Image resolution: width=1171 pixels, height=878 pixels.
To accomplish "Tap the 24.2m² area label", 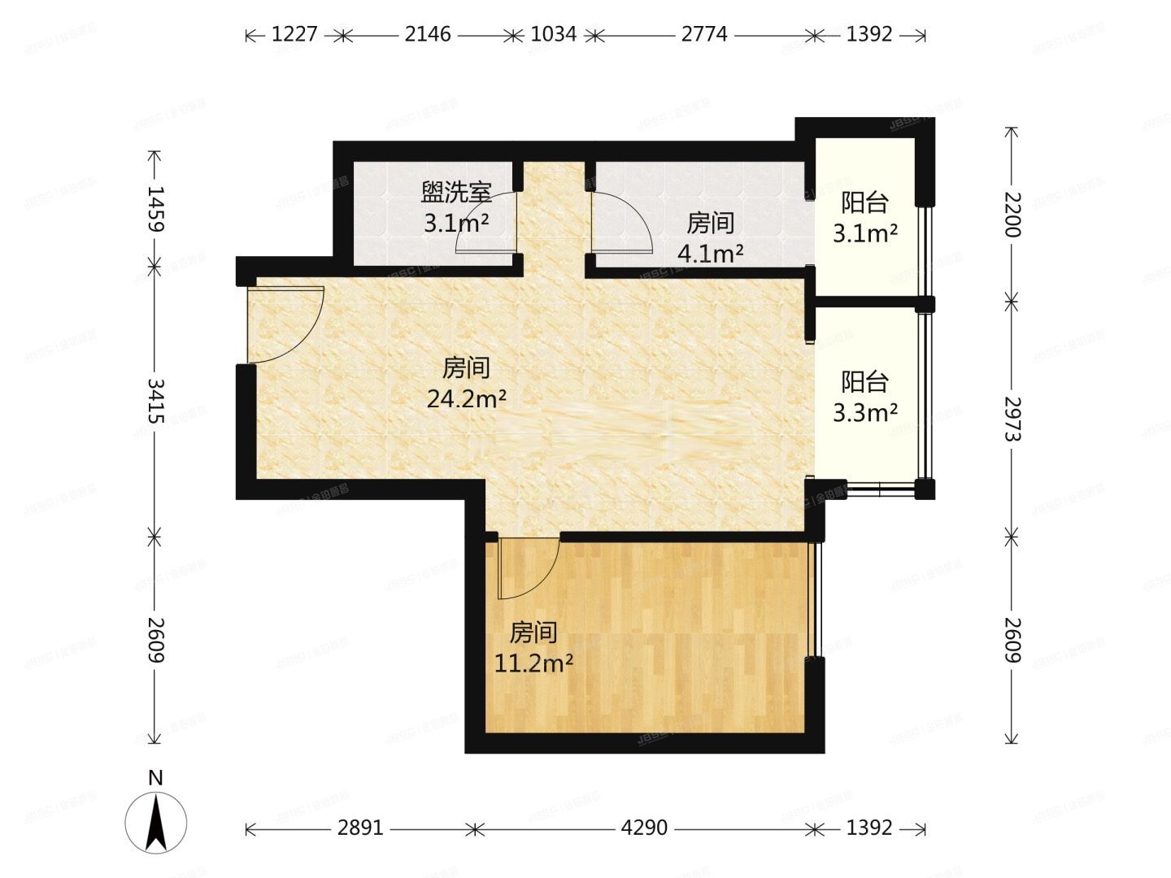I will (x=467, y=398).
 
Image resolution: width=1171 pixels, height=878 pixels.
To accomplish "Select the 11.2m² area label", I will (x=533, y=663).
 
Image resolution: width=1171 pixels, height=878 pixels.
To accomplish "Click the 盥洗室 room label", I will (x=456, y=193).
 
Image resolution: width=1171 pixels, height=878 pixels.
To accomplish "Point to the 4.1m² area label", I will (x=710, y=254).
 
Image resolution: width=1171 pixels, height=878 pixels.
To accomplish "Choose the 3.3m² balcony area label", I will (x=864, y=413).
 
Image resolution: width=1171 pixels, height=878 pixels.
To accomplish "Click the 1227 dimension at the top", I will (x=294, y=35).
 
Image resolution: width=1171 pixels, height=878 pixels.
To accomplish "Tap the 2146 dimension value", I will (x=428, y=35).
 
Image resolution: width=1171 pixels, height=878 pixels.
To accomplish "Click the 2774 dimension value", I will (x=704, y=35).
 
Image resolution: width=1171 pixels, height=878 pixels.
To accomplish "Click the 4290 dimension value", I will (x=644, y=828).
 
